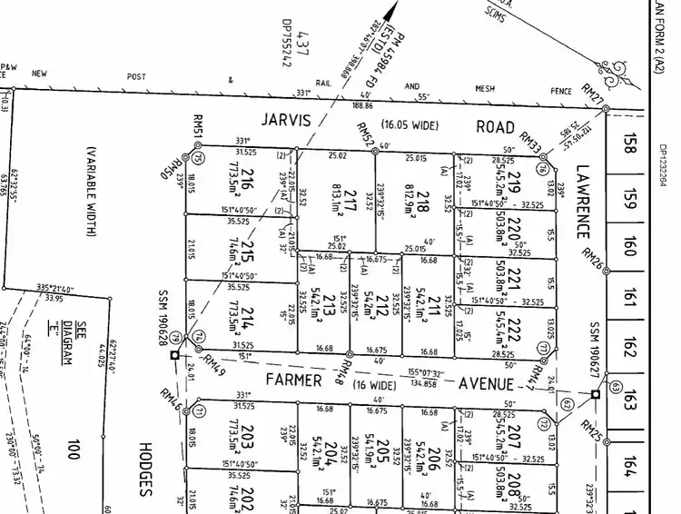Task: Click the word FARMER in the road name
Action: pyautogui.click(x=294, y=380)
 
